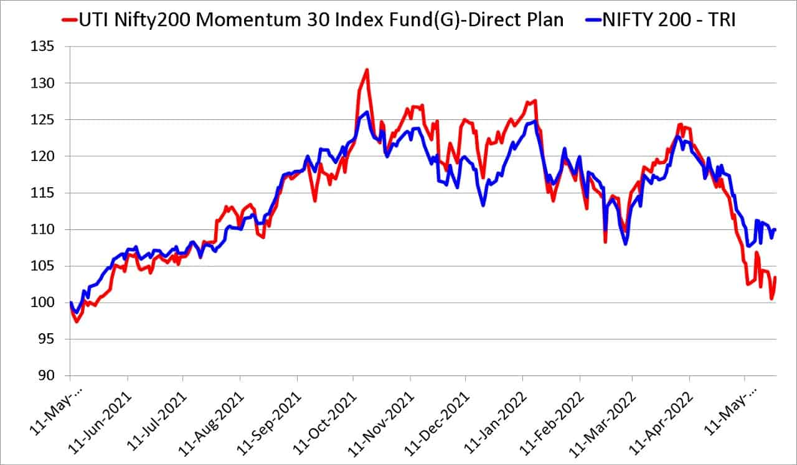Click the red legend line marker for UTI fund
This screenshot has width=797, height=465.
pos(68,20)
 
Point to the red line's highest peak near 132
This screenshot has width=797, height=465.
pos(367,70)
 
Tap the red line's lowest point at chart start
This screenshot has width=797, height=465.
pos(76,321)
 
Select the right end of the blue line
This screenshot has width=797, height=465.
pos(775,229)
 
